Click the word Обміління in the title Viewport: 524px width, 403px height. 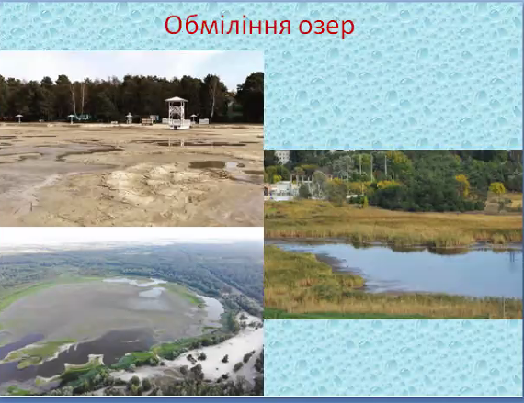[x=228, y=26]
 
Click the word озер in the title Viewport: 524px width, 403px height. [x=326, y=27]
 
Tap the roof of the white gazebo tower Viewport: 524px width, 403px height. [x=177, y=99]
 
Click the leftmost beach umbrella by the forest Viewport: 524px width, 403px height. [x=18, y=118]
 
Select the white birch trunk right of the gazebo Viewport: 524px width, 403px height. [x=211, y=100]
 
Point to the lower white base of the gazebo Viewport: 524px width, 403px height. [x=177, y=124]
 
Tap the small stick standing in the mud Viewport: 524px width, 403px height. [x=31, y=207]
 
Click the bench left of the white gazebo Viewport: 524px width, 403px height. [x=147, y=121]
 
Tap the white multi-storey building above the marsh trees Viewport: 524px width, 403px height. [x=282, y=156]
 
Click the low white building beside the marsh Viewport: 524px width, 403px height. [x=281, y=191]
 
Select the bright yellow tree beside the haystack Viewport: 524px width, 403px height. [x=497, y=188]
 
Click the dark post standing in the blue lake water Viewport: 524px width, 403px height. [x=511, y=255]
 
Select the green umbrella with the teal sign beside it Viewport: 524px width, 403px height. [x=71, y=118]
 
